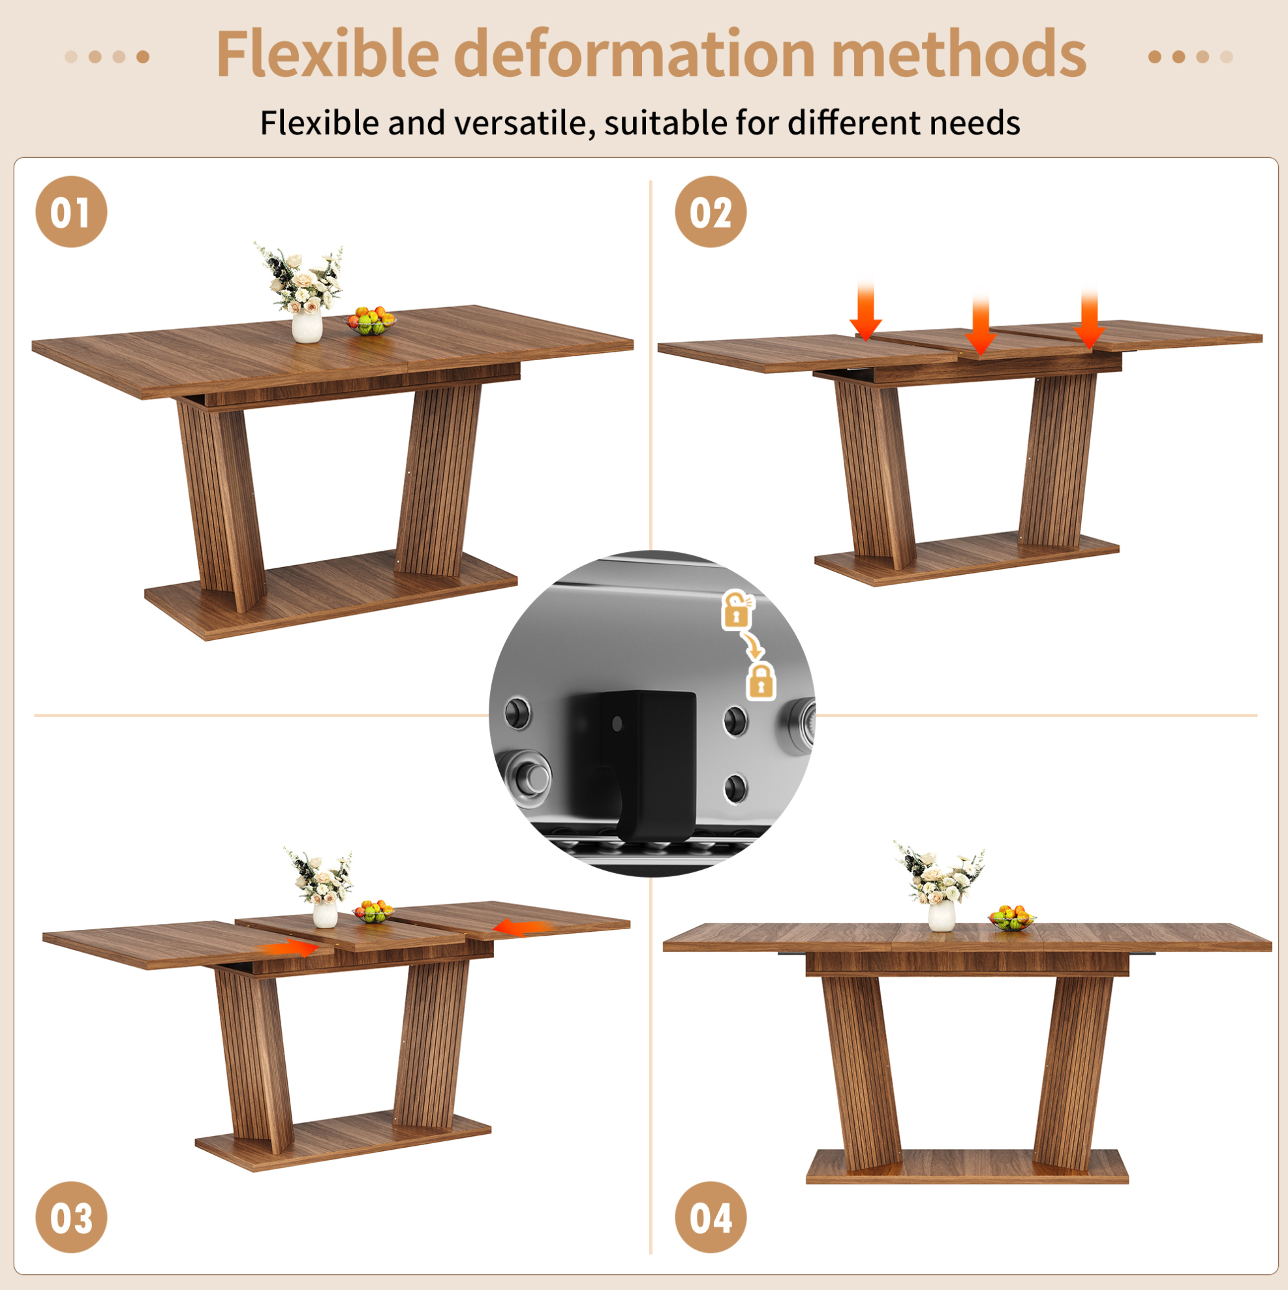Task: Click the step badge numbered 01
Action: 70,211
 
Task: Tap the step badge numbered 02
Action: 711,211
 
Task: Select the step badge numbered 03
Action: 70,1216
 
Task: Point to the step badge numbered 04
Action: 711,1216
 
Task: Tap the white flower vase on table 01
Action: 307,326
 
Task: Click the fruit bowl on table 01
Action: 371,322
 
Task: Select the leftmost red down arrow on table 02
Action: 865,309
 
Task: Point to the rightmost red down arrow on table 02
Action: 1089,318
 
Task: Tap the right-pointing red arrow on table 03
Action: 288,948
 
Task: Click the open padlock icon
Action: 737,609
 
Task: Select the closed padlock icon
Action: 761,681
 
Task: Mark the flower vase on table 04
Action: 942,914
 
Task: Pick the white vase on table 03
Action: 325,914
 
